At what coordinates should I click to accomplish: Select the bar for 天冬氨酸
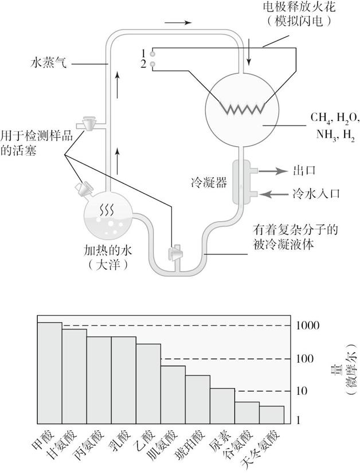pyautogui.click(x=272, y=413)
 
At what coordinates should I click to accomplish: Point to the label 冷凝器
pyautogui.click(x=209, y=183)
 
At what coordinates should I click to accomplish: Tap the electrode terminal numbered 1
pyautogui.click(x=153, y=53)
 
